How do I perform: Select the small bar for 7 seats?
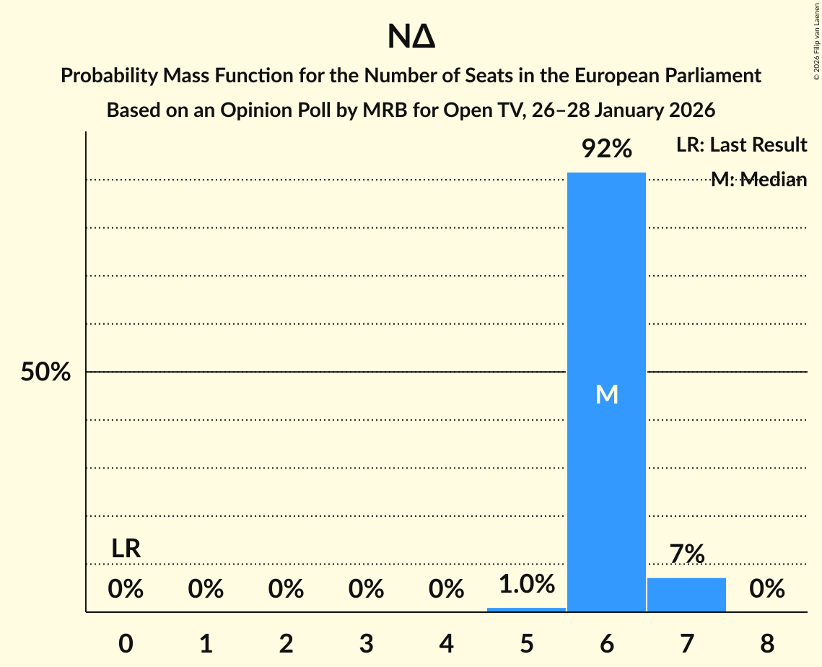(x=686, y=595)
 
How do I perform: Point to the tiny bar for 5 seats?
(x=526, y=609)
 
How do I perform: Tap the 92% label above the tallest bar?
(x=607, y=149)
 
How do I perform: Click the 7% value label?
(x=686, y=554)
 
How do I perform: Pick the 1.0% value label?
(x=526, y=583)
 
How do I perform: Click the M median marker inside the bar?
(x=607, y=394)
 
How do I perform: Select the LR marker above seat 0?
(x=126, y=549)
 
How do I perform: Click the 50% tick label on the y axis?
(x=45, y=372)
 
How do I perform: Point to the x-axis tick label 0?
(x=126, y=643)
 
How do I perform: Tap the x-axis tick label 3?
(x=366, y=643)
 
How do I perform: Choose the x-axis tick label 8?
(x=766, y=643)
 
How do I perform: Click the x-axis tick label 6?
(x=607, y=643)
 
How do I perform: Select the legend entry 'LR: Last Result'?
(x=741, y=145)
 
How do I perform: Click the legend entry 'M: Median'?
(x=758, y=180)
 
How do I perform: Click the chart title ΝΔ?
(x=411, y=38)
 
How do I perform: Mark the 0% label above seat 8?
(x=766, y=590)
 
